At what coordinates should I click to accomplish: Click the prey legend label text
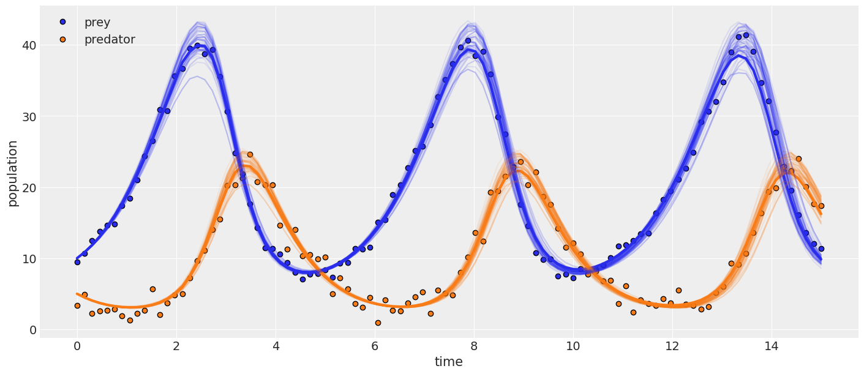pyautogui.click(x=97, y=23)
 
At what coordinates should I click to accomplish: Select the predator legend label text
pyautogui.click(x=109, y=40)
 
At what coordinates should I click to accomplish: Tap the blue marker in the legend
pyautogui.click(x=62, y=22)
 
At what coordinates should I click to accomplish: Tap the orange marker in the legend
pyautogui.click(x=62, y=39)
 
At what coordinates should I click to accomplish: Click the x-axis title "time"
pyautogui.click(x=449, y=362)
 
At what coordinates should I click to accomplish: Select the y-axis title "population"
pyautogui.click(x=13, y=173)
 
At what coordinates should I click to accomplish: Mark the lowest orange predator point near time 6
pyautogui.click(x=378, y=323)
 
